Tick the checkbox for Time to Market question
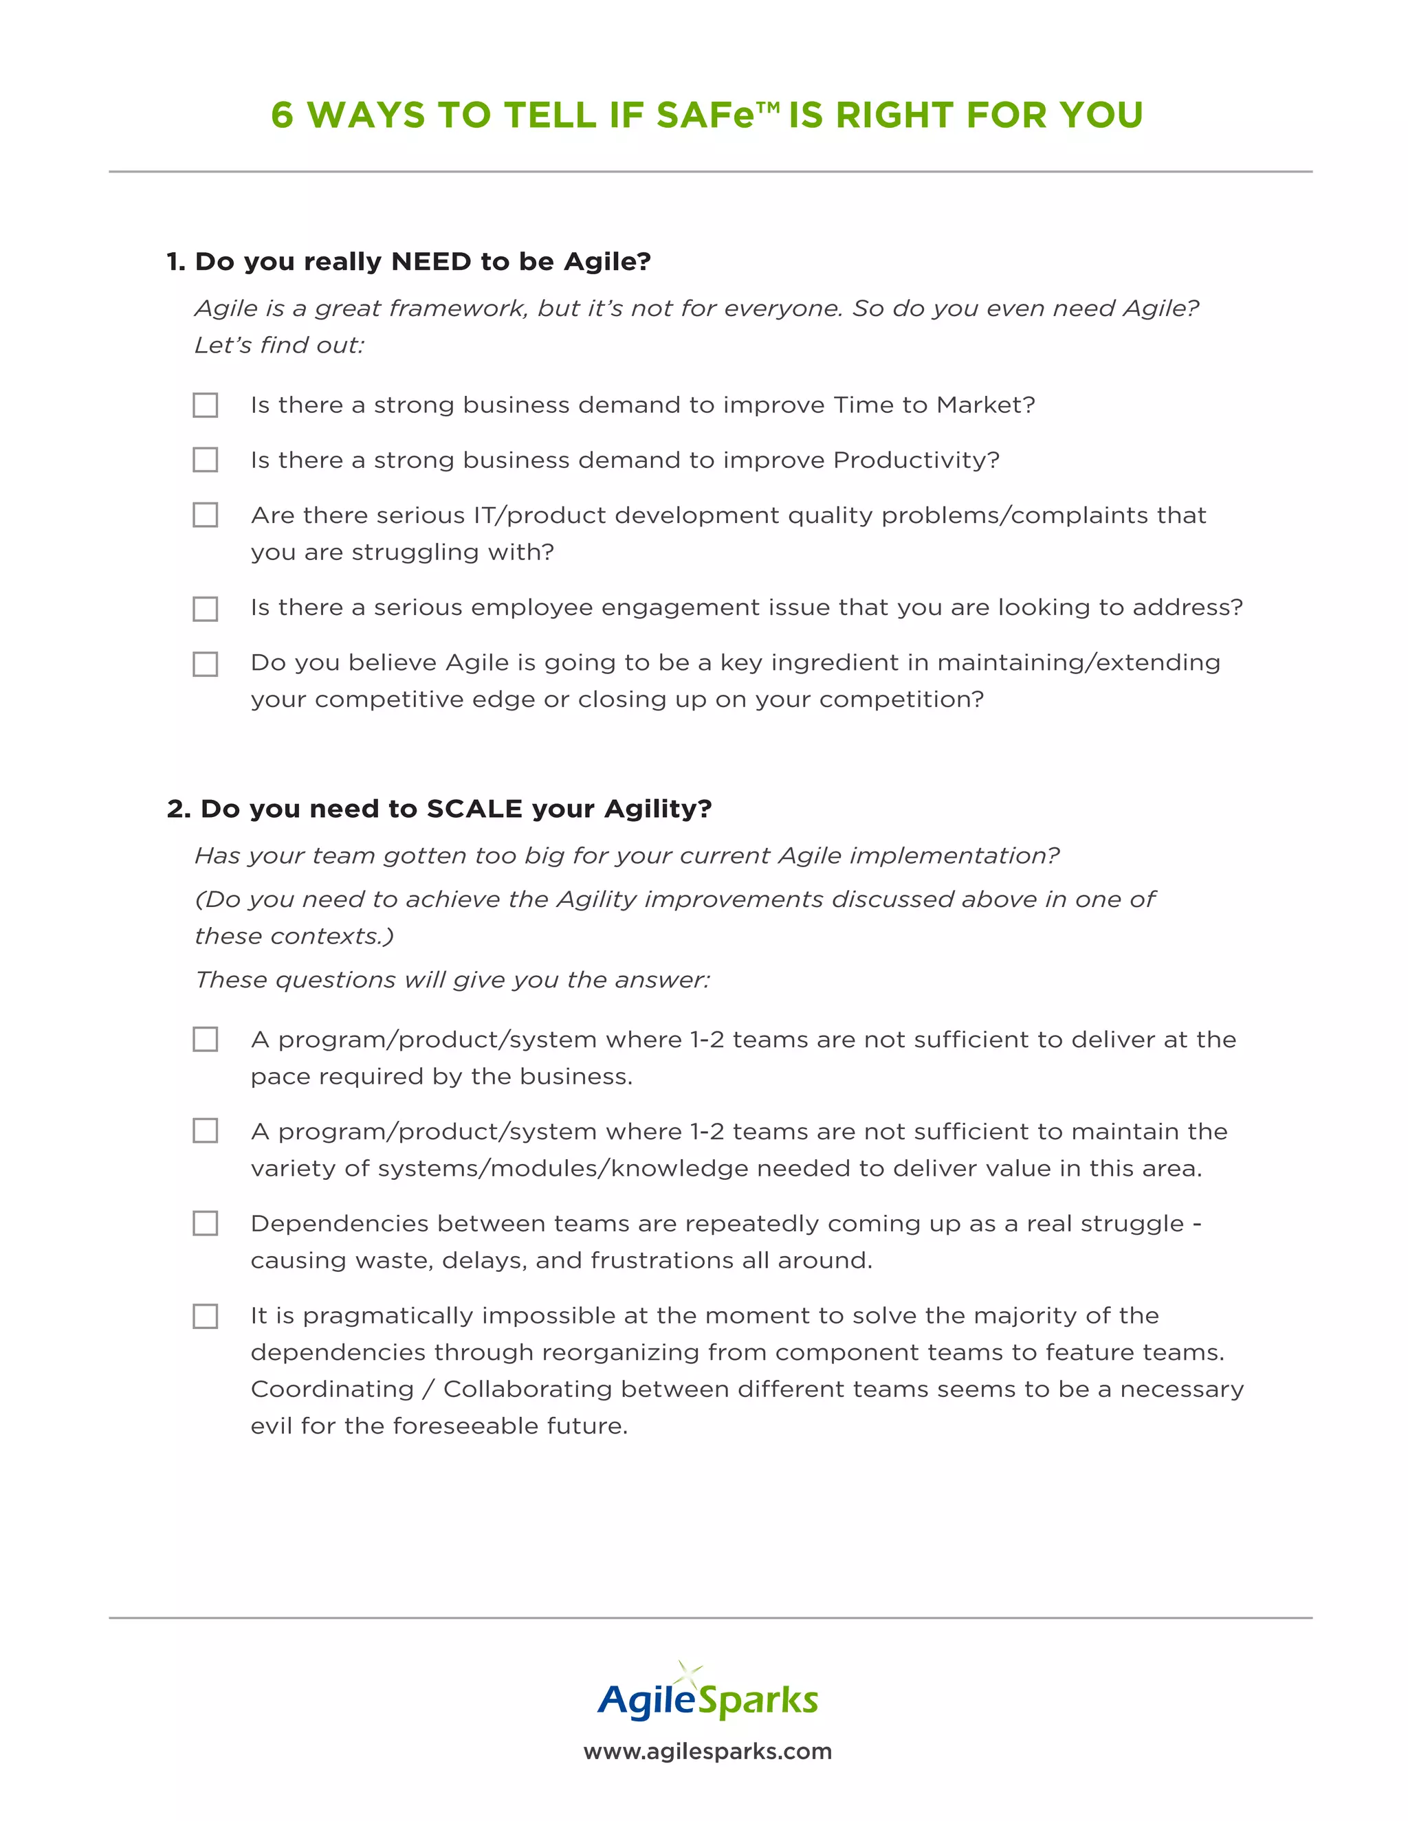point(205,405)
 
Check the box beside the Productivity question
point(205,460)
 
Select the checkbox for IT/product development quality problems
point(205,515)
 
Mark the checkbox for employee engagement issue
point(205,609)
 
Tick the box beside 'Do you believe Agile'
point(205,664)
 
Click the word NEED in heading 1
point(431,262)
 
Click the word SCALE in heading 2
point(474,809)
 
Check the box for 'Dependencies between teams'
point(205,1223)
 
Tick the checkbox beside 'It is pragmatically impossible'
point(205,1316)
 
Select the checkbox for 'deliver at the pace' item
point(205,1039)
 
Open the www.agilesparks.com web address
point(707,1751)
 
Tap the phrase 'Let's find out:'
point(279,345)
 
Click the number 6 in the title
point(283,115)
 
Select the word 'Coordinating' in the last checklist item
point(332,1389)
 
